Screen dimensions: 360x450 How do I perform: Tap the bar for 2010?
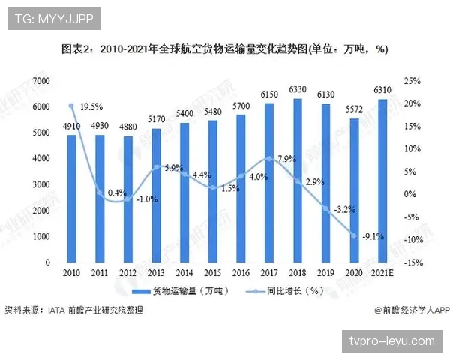pos(71,199)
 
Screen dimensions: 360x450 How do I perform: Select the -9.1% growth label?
pos(373,237)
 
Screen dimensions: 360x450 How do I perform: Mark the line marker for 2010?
pos(71,106)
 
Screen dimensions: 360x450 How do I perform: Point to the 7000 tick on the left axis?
pos(40,80)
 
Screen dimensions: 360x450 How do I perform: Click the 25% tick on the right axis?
pos(412,80)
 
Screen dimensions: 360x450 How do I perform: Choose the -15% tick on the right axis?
pos(413,263)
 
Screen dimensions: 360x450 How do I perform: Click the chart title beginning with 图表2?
pos(224,49)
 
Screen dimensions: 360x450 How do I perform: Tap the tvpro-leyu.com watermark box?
pos(392,340)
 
